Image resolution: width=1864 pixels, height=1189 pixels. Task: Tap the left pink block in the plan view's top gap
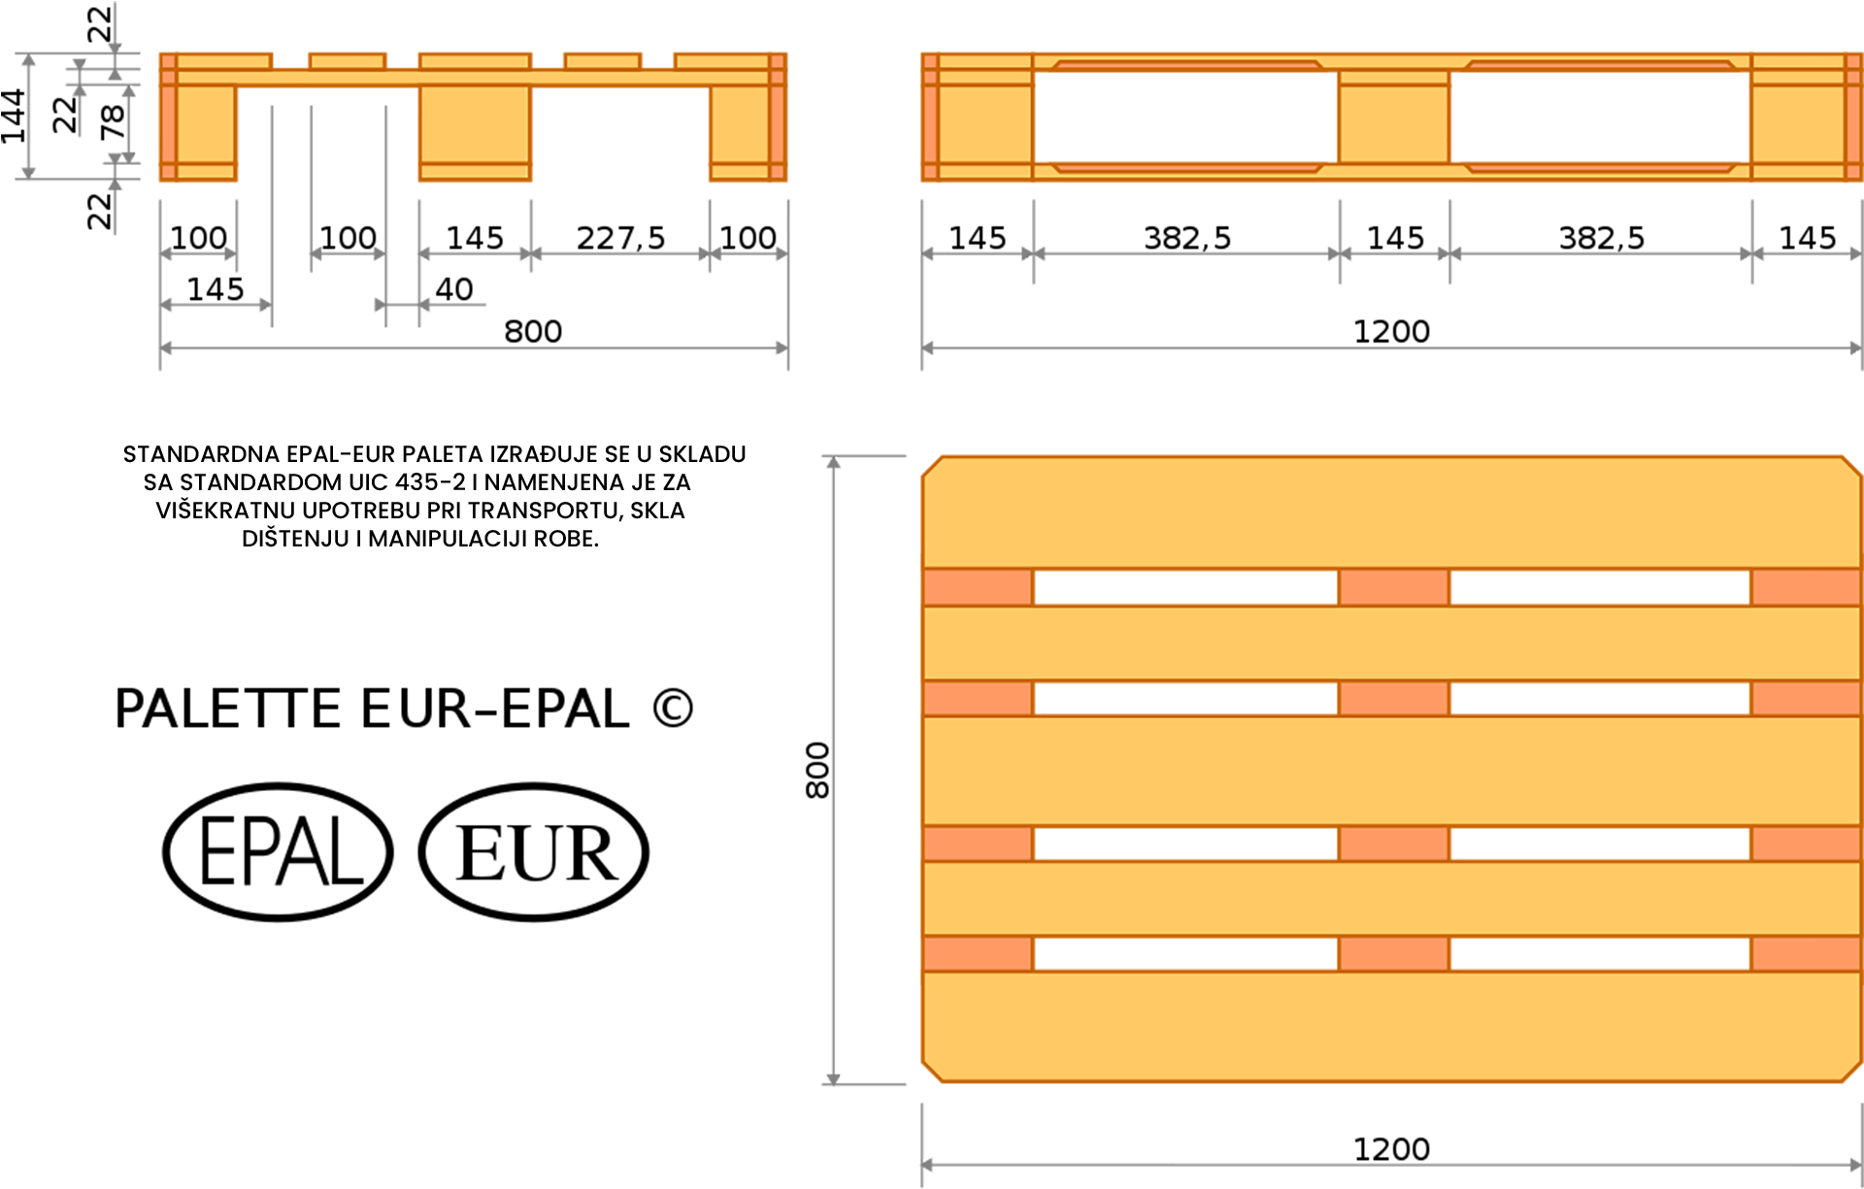point(977,587)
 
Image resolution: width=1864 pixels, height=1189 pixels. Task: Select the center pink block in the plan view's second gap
point(1393,698)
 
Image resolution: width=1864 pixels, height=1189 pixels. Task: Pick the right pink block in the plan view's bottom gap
point(1806,954)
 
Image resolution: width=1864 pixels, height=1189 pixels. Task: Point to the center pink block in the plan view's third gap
point(1393,843)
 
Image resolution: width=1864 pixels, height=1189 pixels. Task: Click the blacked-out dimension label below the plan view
point(1391,1136)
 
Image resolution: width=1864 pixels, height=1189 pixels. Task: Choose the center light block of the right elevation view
point(1393,116)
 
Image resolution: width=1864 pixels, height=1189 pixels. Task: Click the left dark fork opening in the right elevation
point(1185,116)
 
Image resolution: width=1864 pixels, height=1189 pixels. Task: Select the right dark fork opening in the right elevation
point(1599,116)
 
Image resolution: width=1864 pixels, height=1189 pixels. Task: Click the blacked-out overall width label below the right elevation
point(1391,317)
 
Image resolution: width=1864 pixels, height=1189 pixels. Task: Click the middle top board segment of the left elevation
point(475,62)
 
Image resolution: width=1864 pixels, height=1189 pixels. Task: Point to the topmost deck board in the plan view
point(1391,514)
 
